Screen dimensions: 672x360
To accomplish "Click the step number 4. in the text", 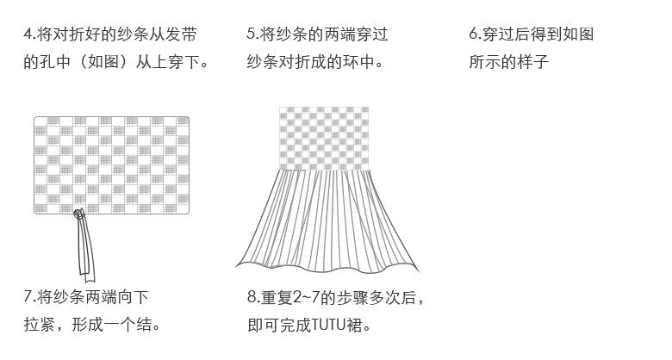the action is point(29,35).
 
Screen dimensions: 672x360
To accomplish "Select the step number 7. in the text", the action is point(29,298).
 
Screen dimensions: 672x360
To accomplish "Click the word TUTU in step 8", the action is point(330,326).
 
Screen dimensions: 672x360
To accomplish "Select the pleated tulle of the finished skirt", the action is point(325,220).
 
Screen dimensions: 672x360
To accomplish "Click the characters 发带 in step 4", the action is point(186,35).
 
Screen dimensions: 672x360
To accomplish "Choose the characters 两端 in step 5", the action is point(327,35).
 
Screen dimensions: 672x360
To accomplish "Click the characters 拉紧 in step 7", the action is point(38,326).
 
